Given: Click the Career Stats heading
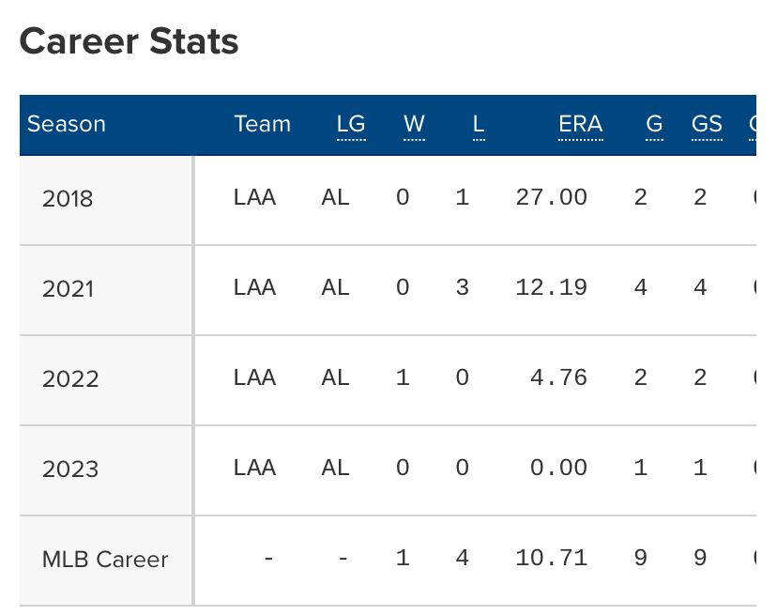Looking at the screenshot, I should coord(129,41).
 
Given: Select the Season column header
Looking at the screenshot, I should coord(66,124).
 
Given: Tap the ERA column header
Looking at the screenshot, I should coord(580,124).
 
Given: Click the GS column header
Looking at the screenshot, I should coord(707,124).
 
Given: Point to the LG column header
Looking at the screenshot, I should coord(351,124).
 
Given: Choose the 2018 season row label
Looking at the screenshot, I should coord(68,198).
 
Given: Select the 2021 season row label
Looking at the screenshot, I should coord(68,288).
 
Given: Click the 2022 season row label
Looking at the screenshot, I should coord(69,378).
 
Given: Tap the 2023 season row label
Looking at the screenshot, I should coord(69,469).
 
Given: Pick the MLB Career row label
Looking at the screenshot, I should coord(105,560).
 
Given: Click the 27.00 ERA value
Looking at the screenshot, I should coord(552,197).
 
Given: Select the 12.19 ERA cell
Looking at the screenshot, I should coord(552,287).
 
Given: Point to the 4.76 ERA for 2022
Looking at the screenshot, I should coord(558,377).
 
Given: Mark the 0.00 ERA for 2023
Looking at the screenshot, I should coord(558,468).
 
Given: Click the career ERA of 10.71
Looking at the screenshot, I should coord(552,558).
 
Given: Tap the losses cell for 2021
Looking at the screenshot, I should coord(462,287).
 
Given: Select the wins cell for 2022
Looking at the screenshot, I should coord(403,377).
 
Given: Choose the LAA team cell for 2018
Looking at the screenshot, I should coord(254,197).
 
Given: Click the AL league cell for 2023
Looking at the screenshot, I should coord(335,468).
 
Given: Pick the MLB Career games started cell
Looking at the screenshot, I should coord(700,558).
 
